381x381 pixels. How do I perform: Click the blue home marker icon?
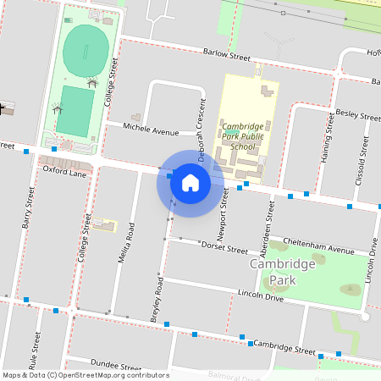tap(190, 182)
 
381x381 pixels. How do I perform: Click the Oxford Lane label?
tap(65, 172)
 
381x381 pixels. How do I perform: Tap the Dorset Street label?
tap(224, 248)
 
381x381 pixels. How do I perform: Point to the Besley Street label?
tap(358, 113)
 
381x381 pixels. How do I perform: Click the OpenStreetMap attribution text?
tap(85, 374)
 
